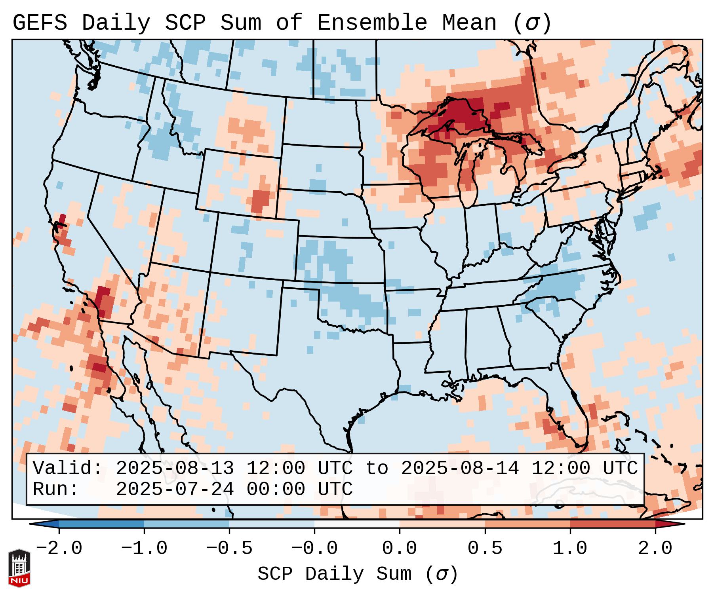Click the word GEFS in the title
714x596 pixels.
40,23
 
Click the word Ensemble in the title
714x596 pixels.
372,23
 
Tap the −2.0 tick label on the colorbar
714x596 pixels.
59,549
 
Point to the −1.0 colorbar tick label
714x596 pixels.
144,549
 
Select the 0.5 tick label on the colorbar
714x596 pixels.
485,549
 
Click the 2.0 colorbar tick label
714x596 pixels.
655,549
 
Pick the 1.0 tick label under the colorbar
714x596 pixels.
570,549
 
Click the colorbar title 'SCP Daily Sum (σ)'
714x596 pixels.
358,574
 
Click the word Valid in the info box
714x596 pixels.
67,468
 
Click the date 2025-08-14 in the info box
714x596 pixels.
460,468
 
